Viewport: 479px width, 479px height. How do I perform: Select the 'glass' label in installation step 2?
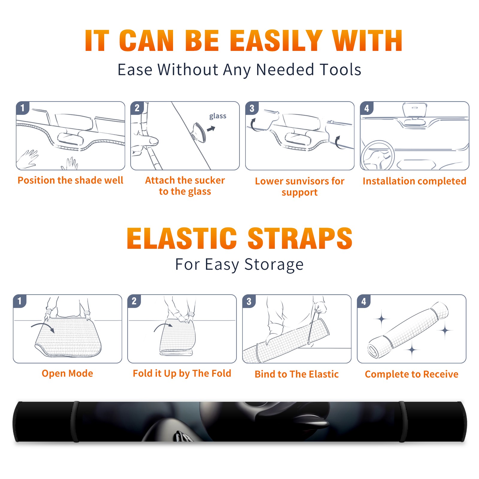click(x=218, y=116)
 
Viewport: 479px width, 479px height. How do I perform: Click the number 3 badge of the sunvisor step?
click(x=252, y=108)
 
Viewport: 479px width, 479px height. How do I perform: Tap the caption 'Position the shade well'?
click(x=70, y=180)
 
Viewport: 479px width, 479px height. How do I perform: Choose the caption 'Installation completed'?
click(x=414, y=181)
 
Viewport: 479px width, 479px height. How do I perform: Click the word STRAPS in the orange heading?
click(x=300, y=238)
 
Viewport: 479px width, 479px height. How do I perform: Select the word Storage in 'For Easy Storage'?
click(x=274, y=265)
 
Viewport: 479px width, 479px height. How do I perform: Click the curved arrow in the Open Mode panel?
click(x=43, y=327)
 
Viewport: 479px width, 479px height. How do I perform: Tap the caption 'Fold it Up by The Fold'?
click(x=182, y=374)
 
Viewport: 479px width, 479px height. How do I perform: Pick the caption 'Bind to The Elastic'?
click(x=297, y=374)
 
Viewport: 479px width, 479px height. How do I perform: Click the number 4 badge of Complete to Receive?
click(x=363, y=301)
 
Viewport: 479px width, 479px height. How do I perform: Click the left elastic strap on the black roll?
click(x=75, y=422)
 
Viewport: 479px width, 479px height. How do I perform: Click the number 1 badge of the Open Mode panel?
click(x=20, y=301)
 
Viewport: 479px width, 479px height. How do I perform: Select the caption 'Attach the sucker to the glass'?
click(x=185, y=186)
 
